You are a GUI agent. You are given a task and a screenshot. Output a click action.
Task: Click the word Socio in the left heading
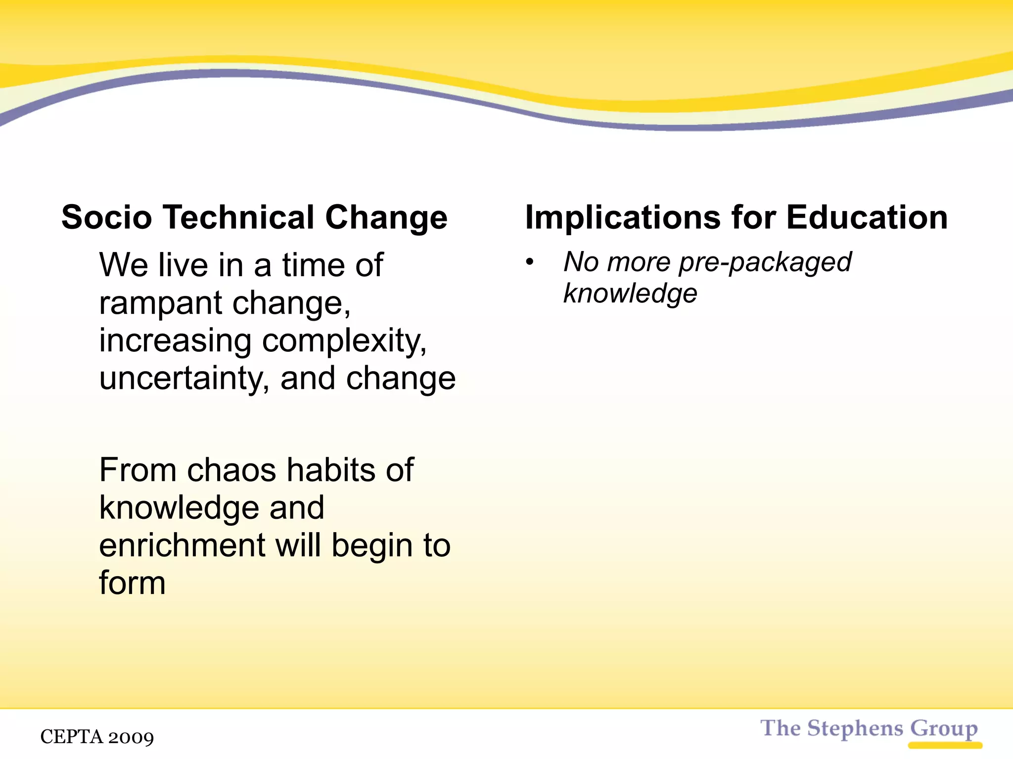pos(106,217)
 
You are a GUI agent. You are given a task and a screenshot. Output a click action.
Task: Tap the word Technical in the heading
pos(239,217)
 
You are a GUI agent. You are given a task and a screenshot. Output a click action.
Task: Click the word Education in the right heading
pos(867,217)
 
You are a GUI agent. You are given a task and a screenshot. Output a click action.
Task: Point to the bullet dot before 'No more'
pos(530,262)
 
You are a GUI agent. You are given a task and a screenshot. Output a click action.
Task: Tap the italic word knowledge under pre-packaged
pos(630,294)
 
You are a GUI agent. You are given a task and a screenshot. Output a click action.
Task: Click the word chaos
pos(231,470)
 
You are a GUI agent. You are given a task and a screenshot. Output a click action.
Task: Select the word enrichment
pos(182,546)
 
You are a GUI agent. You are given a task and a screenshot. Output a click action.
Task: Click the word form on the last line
pos(132,583)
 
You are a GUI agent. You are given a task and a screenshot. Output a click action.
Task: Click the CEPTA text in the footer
pos(71,737)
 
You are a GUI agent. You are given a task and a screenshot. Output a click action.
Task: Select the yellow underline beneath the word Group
pos(945,745)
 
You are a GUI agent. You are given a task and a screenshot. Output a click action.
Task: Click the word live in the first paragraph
pos(182,265)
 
